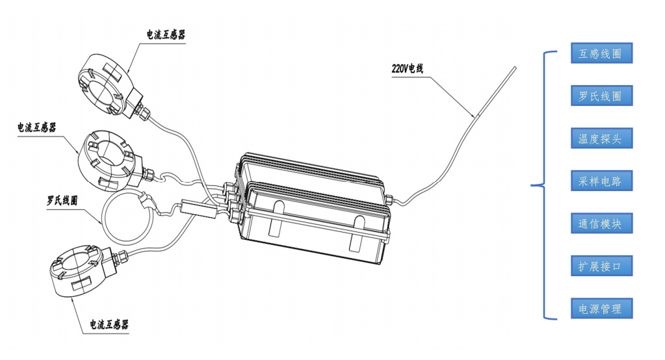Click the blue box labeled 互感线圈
[x=601, y=54]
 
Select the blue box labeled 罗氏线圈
[x=601, y=96]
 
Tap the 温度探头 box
[x=601, y=138]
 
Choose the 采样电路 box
[x=601, y=181]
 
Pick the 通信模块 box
[x=601, y=224]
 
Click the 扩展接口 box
[x=601, y=266]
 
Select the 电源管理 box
[x=601, y=309]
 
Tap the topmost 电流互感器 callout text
[x=166, y=34]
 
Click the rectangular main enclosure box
[x=312, y=208]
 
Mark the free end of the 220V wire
[x=514, y=68]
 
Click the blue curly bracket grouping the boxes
[x=541, y=186]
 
